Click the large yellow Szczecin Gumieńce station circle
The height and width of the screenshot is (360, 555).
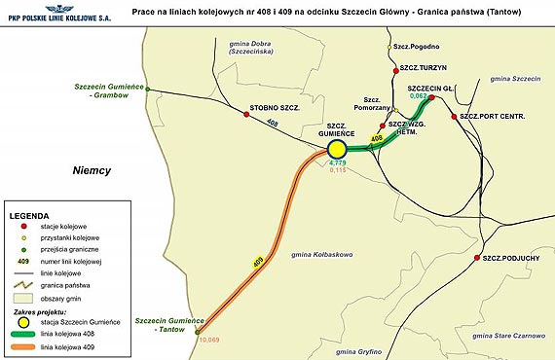pyautogui.click(x=337, y=148)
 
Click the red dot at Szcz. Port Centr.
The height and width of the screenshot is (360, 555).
pyautogui.click(x=455, y=118)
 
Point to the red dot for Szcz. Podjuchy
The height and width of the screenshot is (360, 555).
pyautogui.click(x=476, y=258)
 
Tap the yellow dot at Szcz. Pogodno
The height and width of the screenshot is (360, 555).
pyautogui.click(x=388, y=47)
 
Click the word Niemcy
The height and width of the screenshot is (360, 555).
pyautogui.click(x=92, y=170)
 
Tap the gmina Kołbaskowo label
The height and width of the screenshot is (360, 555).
pyautogui.click(x=320, y=254)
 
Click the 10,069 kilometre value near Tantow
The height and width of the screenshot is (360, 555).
pyautogui.click(x=210, y=339)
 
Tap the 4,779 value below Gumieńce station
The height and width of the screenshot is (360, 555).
pyautogui.click(x=338, y=162)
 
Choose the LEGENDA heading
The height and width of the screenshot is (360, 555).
pyautogui.click(x=28, y=213)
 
